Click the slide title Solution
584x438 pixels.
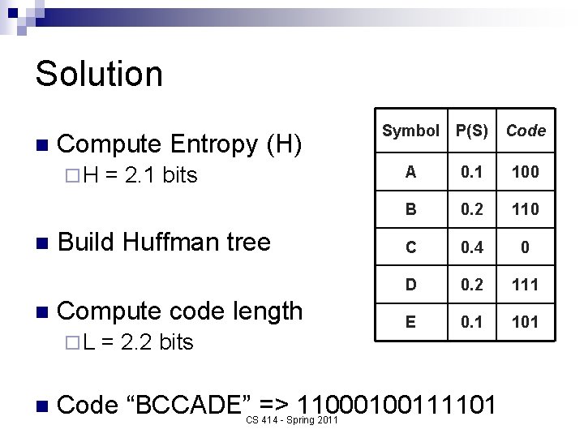99,74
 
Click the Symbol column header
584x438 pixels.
410,130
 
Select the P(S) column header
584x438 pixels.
472,130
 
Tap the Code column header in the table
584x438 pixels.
526,130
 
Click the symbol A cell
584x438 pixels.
411,171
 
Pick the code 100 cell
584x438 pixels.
526,171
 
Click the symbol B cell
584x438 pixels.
411,209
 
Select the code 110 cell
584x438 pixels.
526,209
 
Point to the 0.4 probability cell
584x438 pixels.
472,247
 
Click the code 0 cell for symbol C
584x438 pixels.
526,247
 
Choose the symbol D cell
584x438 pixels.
411,284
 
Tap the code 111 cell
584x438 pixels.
526,284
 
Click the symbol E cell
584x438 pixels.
411,321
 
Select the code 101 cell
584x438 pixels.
526,321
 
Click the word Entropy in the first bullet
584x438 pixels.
214,145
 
